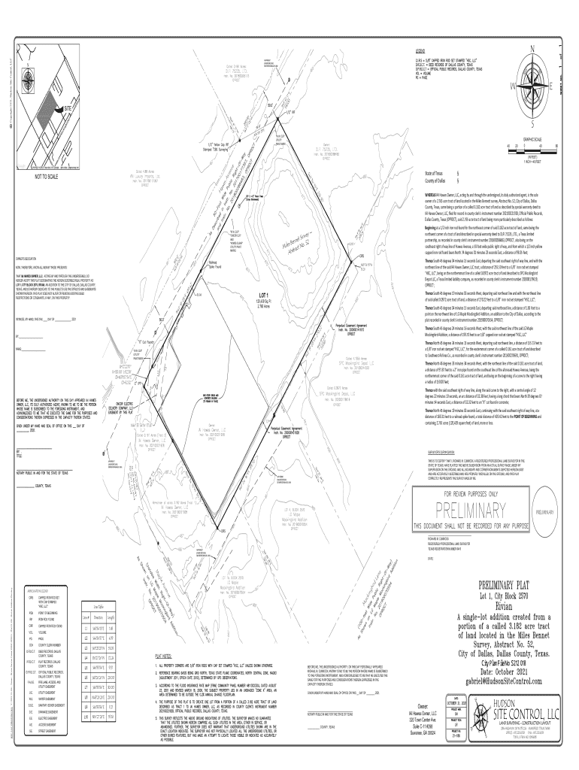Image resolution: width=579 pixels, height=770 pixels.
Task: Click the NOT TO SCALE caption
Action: [47, 176]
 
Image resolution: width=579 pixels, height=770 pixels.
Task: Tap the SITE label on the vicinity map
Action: [70, 109]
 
